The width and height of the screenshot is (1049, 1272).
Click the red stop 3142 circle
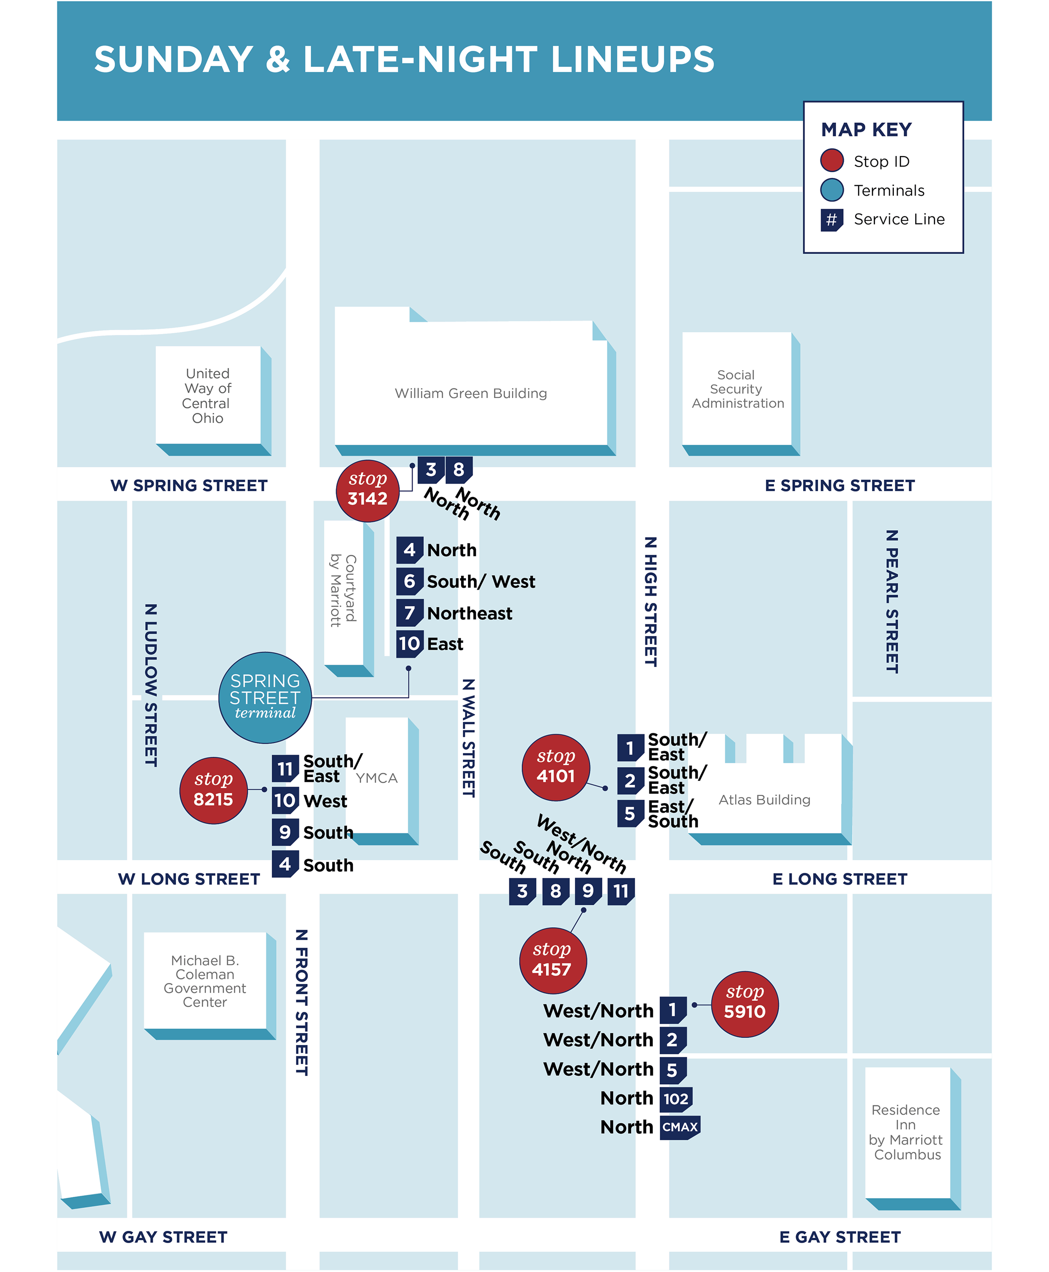[x=367, y=490]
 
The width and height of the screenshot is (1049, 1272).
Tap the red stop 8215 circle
[x=213, y=790]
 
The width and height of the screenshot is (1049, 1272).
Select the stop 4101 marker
[x=555, y=767]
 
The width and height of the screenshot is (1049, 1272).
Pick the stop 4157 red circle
[x=552, y=960]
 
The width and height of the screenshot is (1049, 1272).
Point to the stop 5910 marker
[x=745, y=1003]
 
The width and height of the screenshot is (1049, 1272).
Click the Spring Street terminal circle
[x=265, y=698]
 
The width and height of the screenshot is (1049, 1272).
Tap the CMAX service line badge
[x=680, y=1127]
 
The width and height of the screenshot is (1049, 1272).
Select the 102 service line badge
[x=676, y=1099]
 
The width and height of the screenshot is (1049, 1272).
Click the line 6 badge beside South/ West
[x=409, y=582]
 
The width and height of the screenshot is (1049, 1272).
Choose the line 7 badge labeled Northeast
[x=409, y=613]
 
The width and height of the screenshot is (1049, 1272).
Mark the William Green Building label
[x=471, y=393]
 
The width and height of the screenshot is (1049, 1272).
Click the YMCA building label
[x=376, y=778]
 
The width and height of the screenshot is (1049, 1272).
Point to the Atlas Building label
[x=764, y=800]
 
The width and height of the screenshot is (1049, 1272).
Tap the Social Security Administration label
[x=737, y=389]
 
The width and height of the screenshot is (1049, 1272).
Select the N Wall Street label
[x=468, y=737]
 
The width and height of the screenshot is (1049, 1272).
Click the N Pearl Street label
[x=891, y=601]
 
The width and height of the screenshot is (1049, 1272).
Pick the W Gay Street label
[x=163, y=1237]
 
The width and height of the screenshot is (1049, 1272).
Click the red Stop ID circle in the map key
[x=831, y=161]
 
